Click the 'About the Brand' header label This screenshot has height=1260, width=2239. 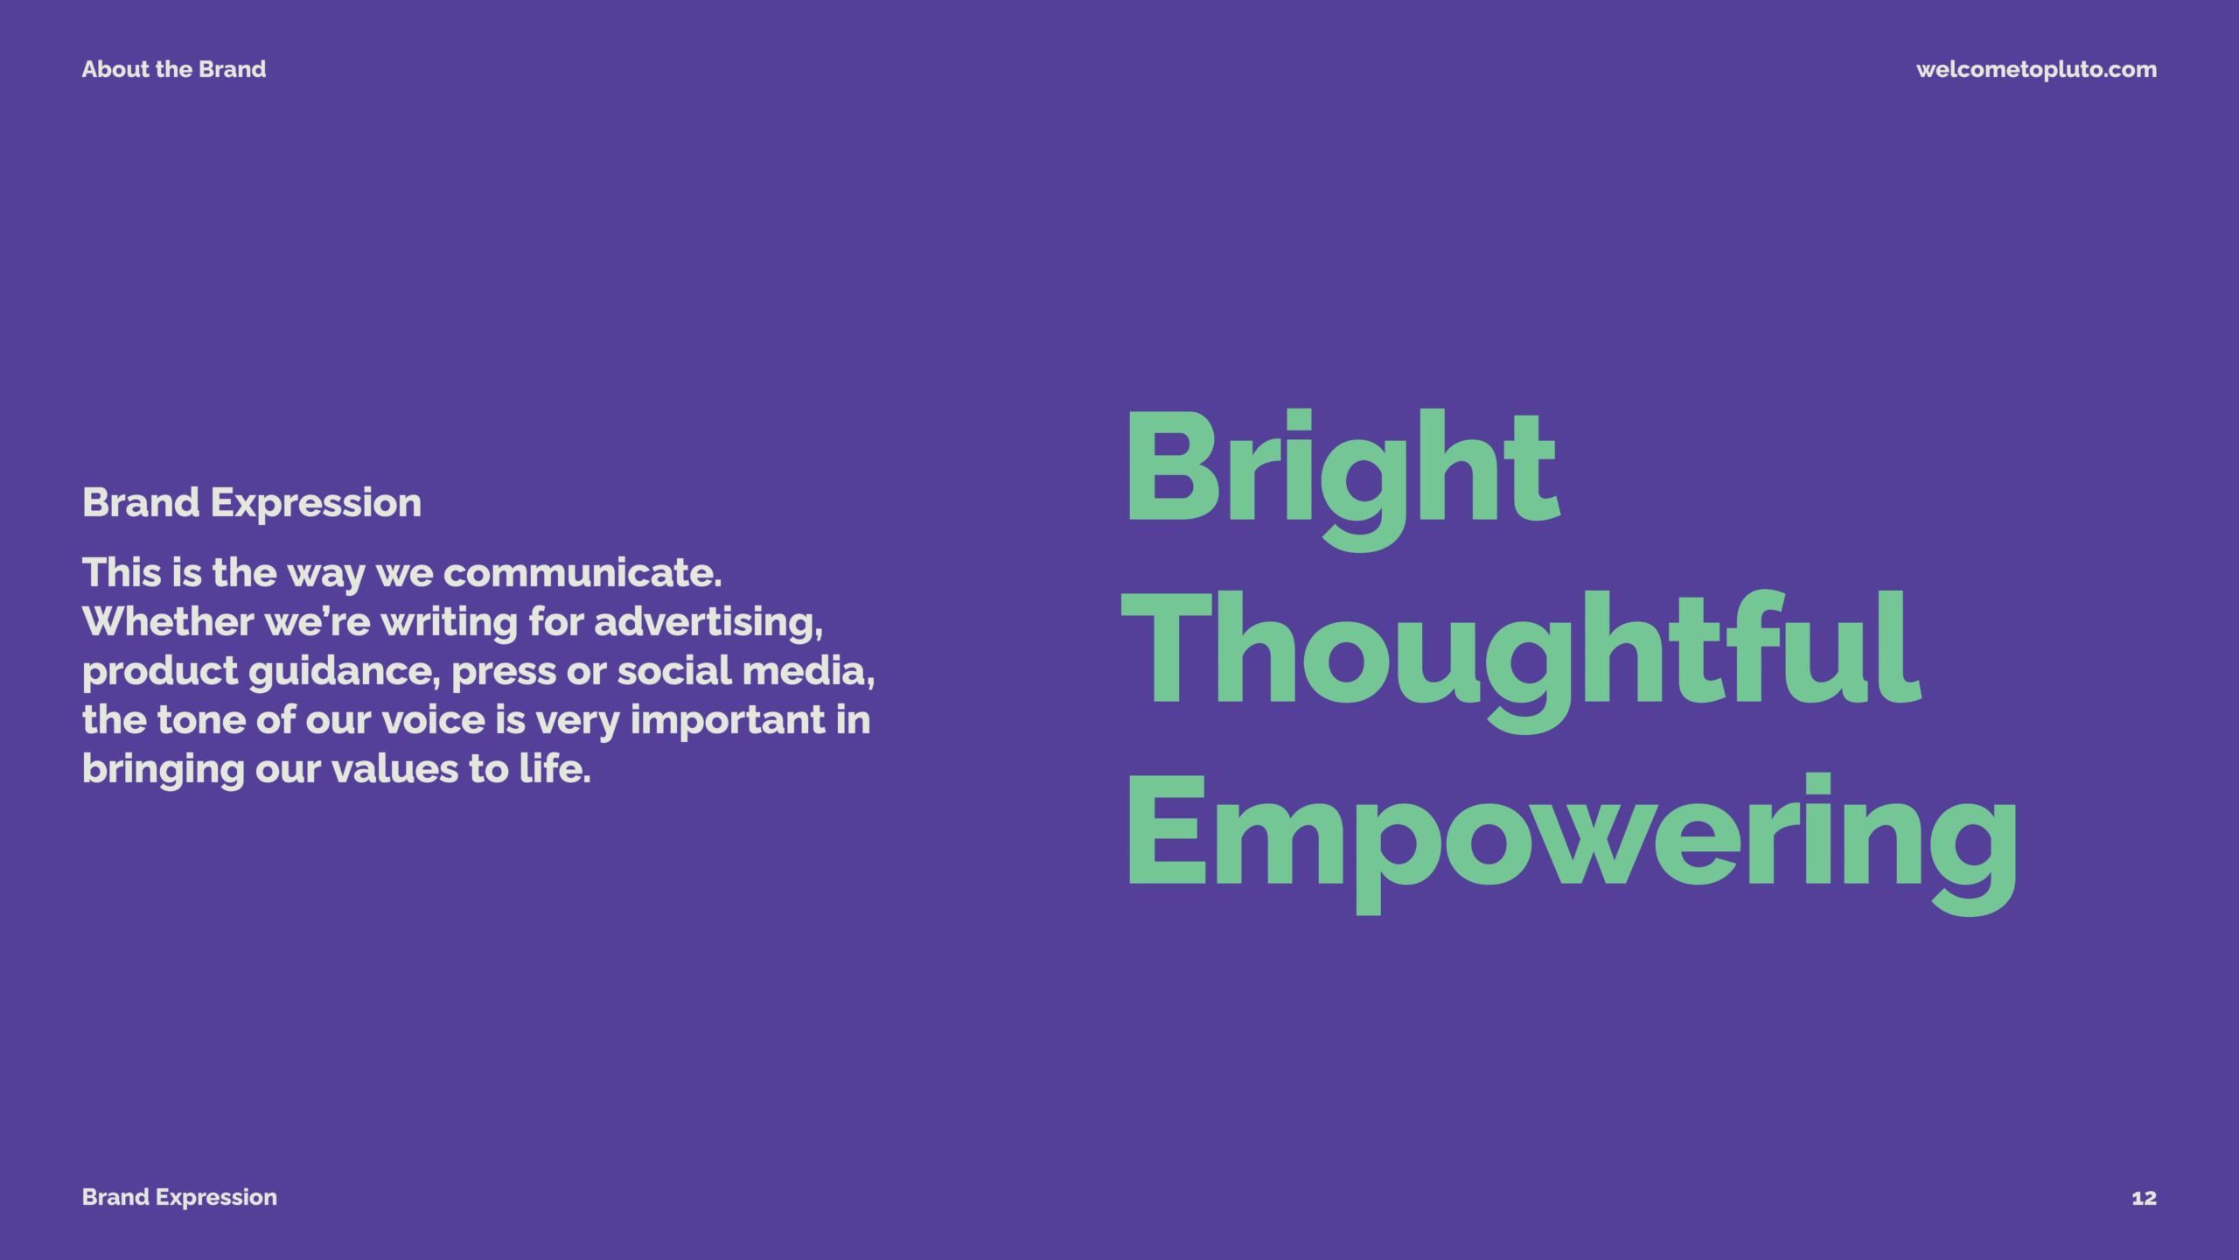(174, 69)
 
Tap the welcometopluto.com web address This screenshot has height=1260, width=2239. (2036, 70)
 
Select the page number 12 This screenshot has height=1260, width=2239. (2145, 1198)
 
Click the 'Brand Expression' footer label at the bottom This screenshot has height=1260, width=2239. (179, 1198)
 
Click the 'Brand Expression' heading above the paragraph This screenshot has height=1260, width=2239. (252, 504)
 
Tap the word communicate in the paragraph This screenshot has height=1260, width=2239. (582, 573)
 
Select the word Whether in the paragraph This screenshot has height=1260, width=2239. (168, 622)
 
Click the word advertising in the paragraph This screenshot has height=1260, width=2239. (708, 623)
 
